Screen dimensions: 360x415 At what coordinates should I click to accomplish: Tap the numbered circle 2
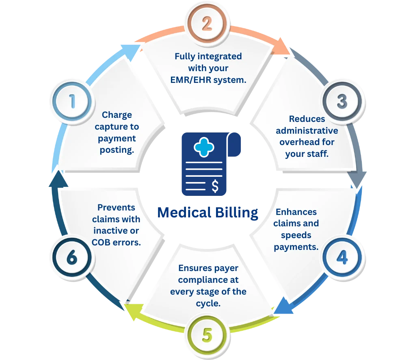pos(207,23)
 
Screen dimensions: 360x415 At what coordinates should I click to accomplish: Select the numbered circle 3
pos(342,101)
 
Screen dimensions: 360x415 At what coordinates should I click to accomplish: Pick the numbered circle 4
pos(342,258)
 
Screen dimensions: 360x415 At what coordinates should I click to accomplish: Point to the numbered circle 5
pos(207,336)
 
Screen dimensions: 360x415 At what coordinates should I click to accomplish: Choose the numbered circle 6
pos(72,258)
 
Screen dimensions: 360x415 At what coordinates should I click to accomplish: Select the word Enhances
pos(296,212)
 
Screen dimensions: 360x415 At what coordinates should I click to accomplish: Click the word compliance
pos(208,280)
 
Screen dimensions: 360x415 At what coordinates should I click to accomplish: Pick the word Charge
pos(117,115)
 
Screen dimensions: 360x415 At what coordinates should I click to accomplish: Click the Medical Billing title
pos(208,212)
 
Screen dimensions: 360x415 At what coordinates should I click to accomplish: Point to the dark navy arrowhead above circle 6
pos(56,179)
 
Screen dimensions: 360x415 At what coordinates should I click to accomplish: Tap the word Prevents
pos(116,208)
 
